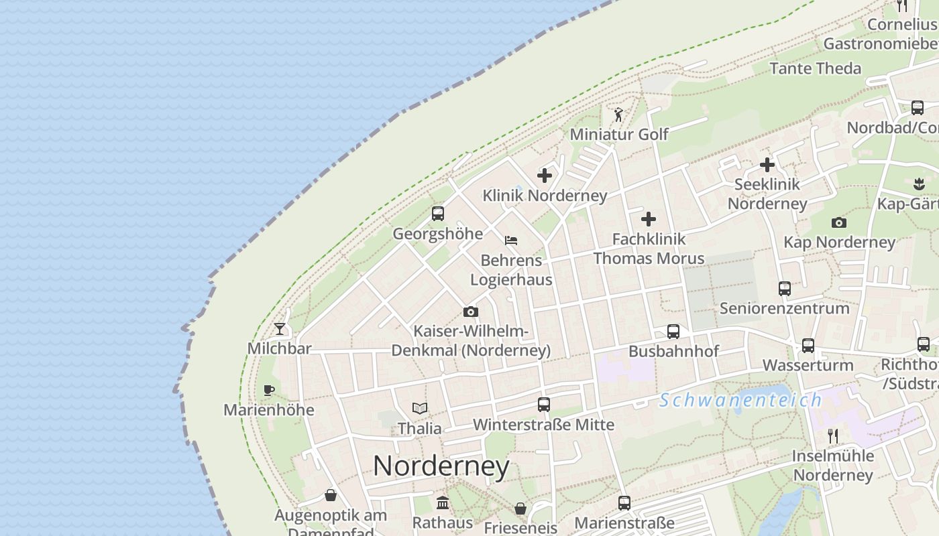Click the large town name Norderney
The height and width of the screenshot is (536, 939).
point(441,466)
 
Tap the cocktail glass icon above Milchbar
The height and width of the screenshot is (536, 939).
point(280,329)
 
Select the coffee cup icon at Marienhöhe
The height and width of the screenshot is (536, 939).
point(269,390)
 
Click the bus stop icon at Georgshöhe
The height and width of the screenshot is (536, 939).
point(438,214)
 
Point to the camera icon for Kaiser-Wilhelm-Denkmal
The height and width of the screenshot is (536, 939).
point(471,312)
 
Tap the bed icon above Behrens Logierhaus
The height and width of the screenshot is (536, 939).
point(511,240)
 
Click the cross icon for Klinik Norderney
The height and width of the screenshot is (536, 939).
point(545,176)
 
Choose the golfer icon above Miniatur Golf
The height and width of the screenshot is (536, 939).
point(618,115)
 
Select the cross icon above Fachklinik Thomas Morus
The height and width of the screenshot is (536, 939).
point(649,219)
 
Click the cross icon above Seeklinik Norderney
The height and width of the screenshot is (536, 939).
point(767,164)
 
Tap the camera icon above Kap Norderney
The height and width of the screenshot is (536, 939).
point(838,222)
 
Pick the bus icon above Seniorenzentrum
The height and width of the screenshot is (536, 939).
point(785,289)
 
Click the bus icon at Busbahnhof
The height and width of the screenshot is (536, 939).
point(673,332)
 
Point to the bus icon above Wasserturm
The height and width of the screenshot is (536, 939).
point(808,346)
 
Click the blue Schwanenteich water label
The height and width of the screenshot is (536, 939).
point(740,401)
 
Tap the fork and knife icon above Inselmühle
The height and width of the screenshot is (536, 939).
point(833,436)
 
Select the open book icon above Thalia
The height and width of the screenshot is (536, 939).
point(420,408)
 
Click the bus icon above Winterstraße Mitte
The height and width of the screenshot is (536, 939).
point(544,405)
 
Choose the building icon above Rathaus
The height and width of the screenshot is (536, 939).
point(443,503)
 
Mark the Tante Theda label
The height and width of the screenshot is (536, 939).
point(815,68)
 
